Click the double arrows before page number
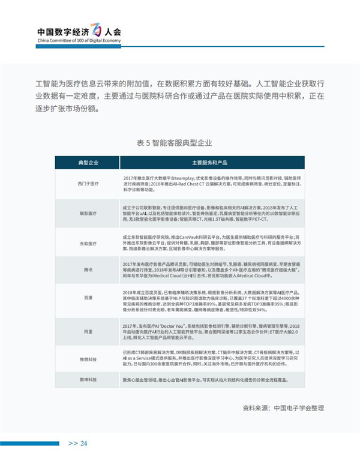click(72, 444)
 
